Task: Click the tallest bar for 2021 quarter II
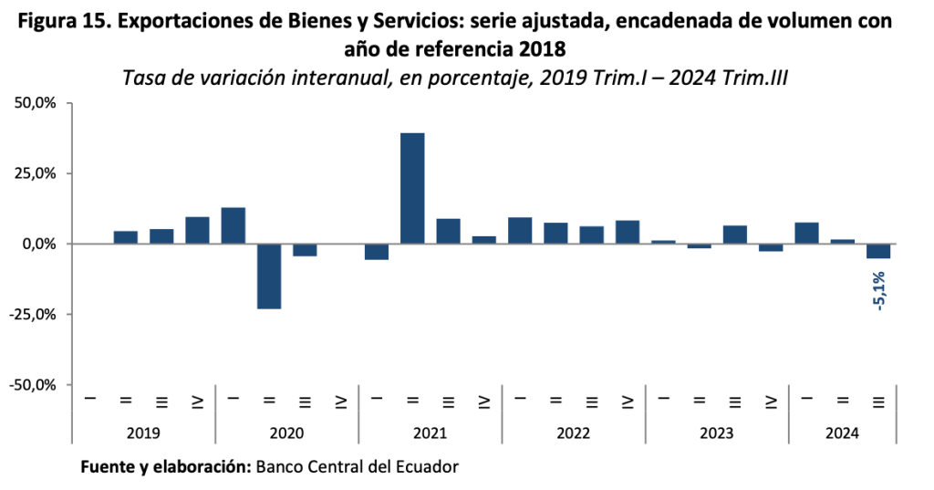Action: click(x=412, y=188)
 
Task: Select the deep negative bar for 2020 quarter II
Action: click(x=269, y=276)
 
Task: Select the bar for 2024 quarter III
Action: click(x=879, y=251)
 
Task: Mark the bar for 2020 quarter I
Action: click(x=233, y=225)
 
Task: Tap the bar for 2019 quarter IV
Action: click(x=197, y=230)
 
